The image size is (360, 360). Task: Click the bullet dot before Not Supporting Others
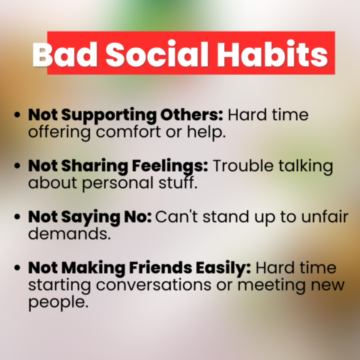click(x=18, y=117)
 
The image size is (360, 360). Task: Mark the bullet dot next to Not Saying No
click(x=18, y=217)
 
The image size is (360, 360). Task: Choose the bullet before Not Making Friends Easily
click(x=18, y=268)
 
